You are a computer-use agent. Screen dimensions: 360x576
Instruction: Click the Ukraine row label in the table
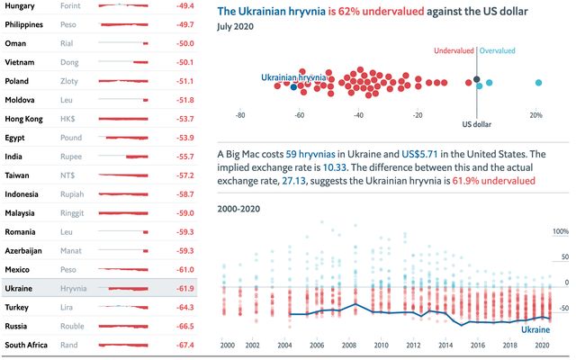[x=20, y=288]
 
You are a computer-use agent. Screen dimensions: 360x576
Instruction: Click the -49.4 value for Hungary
[x=185, y=5]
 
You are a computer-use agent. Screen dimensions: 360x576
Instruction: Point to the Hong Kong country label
[x=26, y=118]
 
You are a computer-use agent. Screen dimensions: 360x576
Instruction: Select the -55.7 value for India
[x=185, y=156]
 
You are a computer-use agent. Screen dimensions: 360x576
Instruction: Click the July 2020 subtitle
[x=237, y=28]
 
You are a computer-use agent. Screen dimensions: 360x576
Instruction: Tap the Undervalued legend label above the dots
[x=454, y=51]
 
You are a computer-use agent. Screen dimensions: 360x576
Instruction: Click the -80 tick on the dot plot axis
[x=240, y=115]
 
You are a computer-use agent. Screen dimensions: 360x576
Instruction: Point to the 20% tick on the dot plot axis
[x=535, y=115]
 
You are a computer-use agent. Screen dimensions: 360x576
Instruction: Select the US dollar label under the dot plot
[x=477, y=125]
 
